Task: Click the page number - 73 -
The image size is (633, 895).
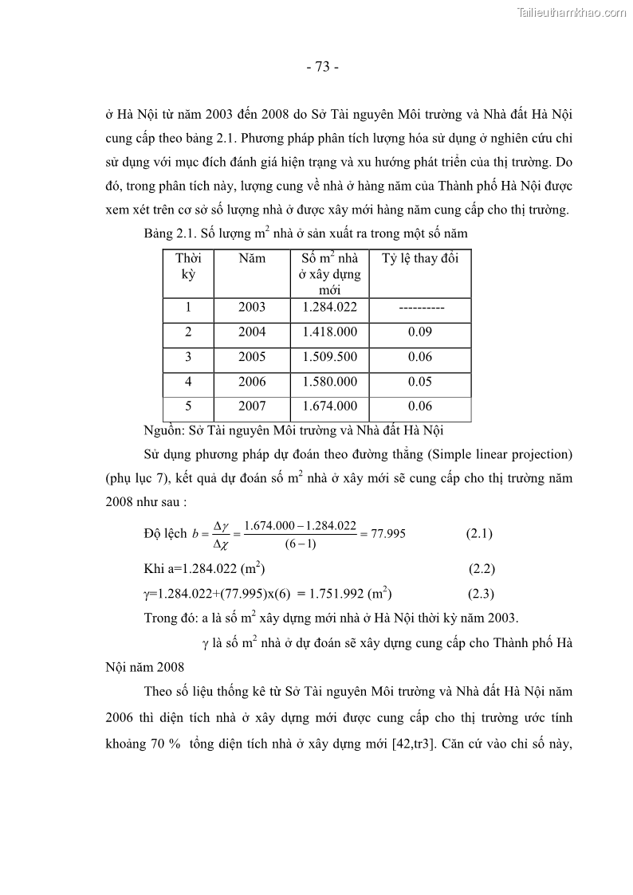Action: click(x=323, y=67)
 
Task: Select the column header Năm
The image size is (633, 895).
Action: click(x=252, y=259)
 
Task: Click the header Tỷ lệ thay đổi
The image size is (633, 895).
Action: click(x=419, y=259)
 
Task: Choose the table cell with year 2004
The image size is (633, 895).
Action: click(x=252, y=332)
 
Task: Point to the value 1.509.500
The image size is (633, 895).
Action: click(x=330, y=357)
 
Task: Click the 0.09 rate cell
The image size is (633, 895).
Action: click(x=419, y=332)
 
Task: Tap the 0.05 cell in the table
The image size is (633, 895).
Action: click(x=419, y=382)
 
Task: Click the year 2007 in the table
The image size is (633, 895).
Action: click(x=252, y=406)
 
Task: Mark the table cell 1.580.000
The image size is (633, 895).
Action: click(x=330, y=382)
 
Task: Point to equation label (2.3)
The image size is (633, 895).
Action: click(x=481, y=593)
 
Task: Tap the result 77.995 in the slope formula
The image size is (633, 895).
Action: click(x=387, y=533)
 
